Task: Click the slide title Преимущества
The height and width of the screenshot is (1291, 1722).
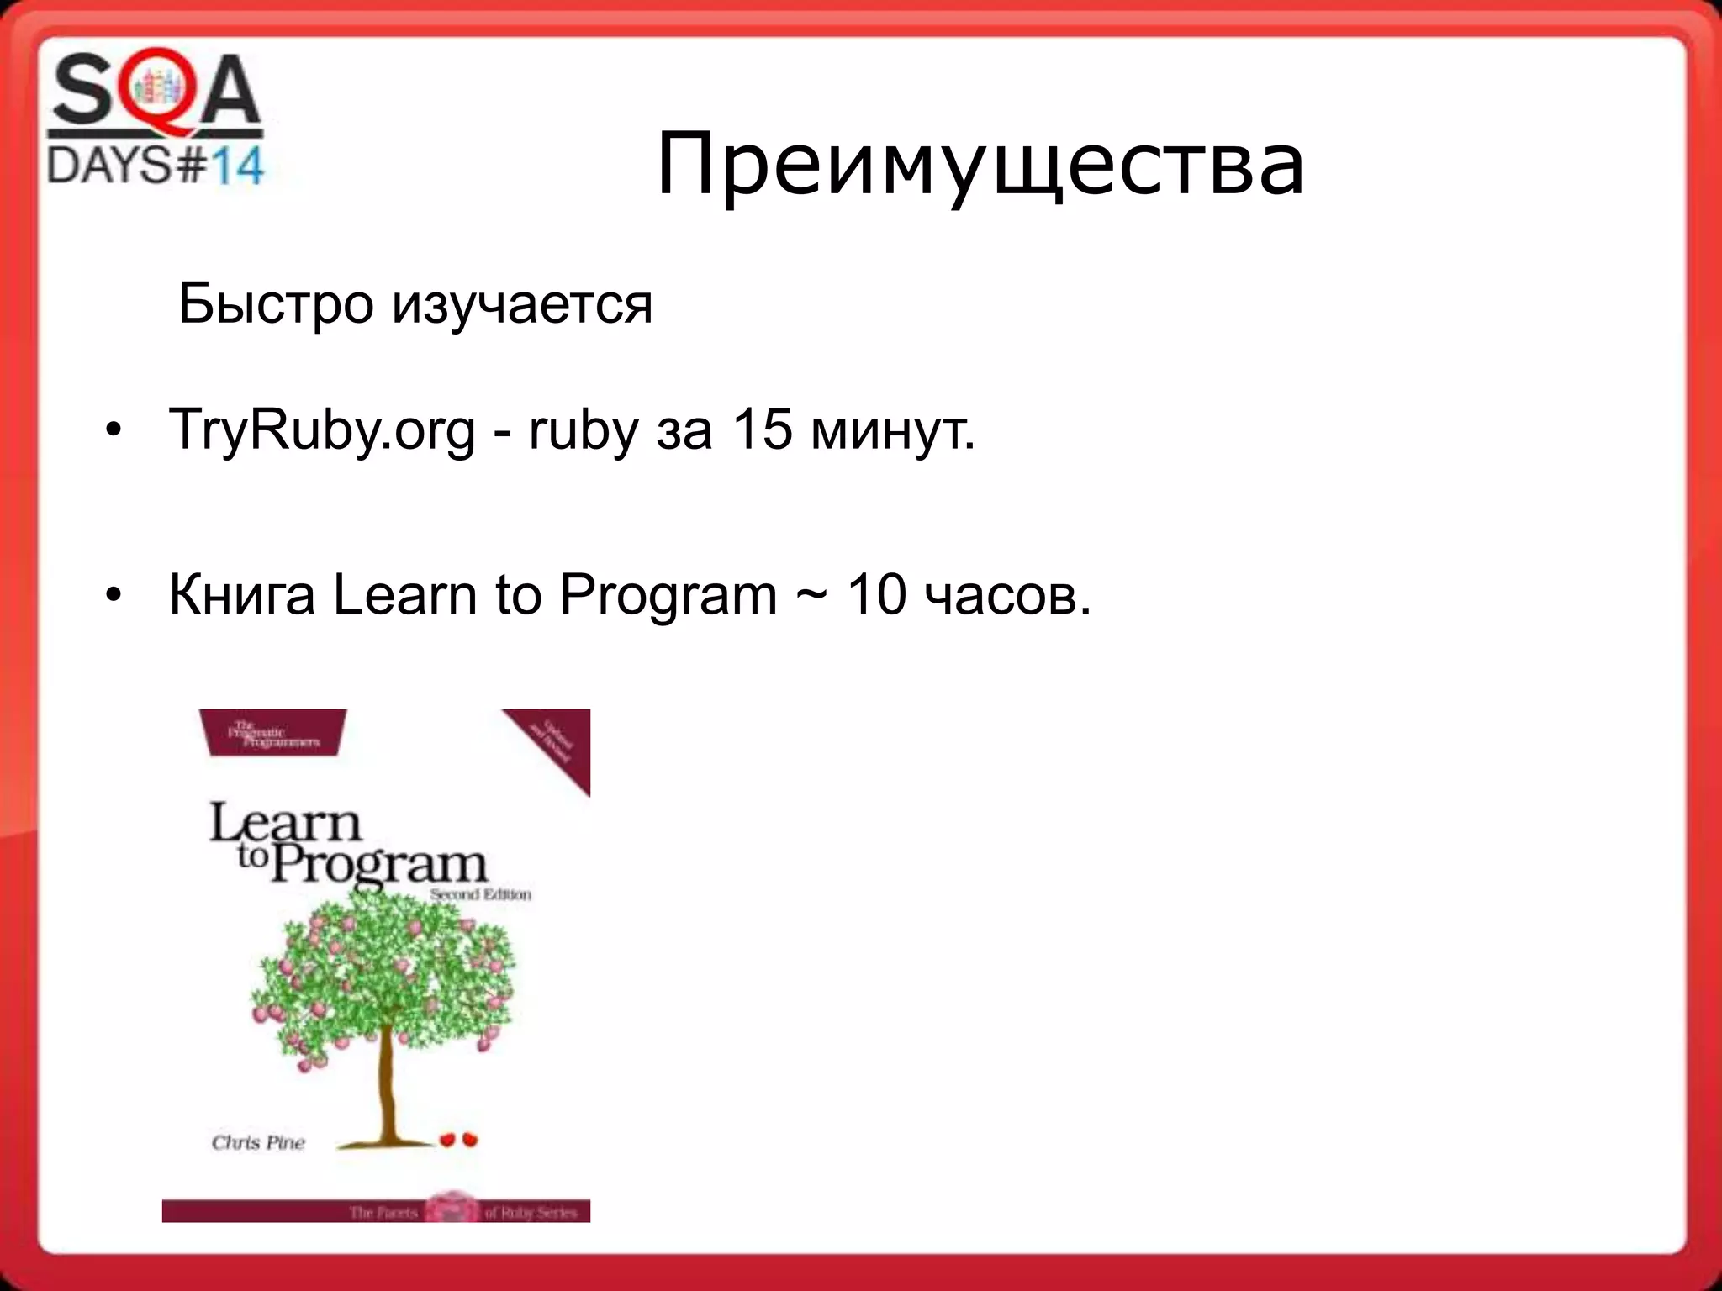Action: (980, 165)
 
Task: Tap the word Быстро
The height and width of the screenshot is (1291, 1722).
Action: (276, 303)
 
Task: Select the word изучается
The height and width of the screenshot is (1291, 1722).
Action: (522, 305)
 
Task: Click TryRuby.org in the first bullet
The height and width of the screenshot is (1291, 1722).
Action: (322, 431)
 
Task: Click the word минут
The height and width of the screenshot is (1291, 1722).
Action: (893, 430)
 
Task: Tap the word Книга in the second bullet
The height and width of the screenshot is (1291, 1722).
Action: (242, 596)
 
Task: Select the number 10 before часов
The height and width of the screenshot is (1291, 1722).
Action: (876, 595)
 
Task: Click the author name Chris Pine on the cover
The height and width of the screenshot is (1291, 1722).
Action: (258, 1142)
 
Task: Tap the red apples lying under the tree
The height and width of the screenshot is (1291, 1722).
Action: (459, 1139)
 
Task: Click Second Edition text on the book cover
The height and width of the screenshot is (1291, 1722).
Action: (480, 894)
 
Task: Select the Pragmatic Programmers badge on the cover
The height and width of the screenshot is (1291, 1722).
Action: (273, 734)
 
